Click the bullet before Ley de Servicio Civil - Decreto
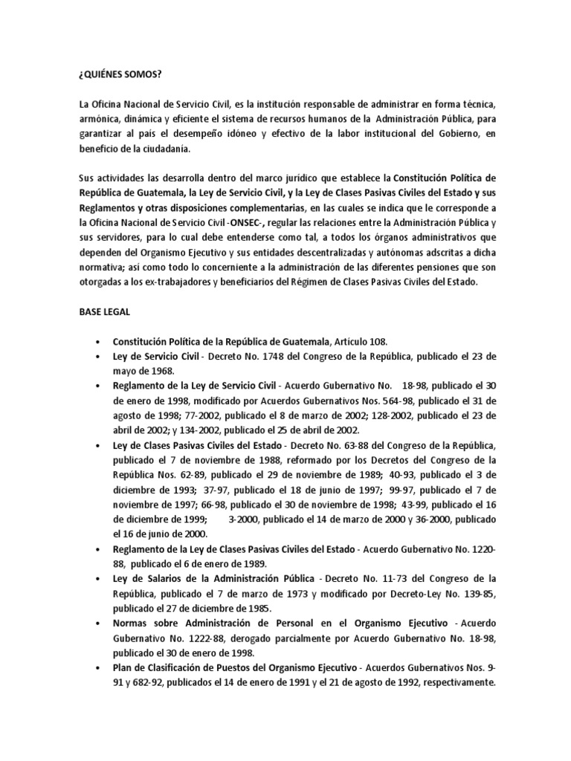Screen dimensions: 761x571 click(98, 356)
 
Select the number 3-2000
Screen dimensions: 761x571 click(248, 519)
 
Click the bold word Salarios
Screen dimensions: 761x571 click(152, 577)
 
